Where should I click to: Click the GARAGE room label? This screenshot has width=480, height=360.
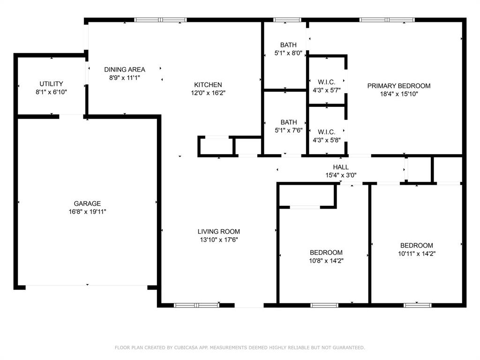tap(87, 203)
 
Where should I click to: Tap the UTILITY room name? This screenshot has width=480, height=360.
tap(51, 84)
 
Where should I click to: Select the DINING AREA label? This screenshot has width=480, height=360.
tap(124, 69)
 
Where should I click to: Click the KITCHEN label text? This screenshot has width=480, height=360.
tap(208, 85)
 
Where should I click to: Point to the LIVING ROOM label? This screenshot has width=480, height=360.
tap(218, 231)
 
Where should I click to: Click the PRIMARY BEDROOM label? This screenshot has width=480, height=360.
tap(398, 86)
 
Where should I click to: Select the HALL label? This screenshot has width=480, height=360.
tap(341, 167)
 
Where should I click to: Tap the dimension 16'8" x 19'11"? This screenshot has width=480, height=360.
tap(87, 211)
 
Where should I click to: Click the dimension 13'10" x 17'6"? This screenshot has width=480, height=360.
tap(218, 240)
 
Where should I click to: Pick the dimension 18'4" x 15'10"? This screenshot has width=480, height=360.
tap(398, 94)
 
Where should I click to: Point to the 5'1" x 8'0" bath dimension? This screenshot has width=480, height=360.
tap(288, 53)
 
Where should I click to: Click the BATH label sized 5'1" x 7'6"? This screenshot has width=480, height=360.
tap(288, 122)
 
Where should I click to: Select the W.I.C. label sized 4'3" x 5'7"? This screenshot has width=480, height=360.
tap(326, 82)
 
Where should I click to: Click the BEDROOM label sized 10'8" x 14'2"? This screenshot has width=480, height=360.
tap(326, 252)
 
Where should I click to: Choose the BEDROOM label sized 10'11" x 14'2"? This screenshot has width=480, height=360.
tap(416, 245)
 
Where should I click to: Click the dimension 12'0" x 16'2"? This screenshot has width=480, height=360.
tap(208, 93)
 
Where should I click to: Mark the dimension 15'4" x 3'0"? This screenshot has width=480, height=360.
tap(341, 175)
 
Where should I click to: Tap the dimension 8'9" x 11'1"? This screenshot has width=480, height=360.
tap(124, 78)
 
